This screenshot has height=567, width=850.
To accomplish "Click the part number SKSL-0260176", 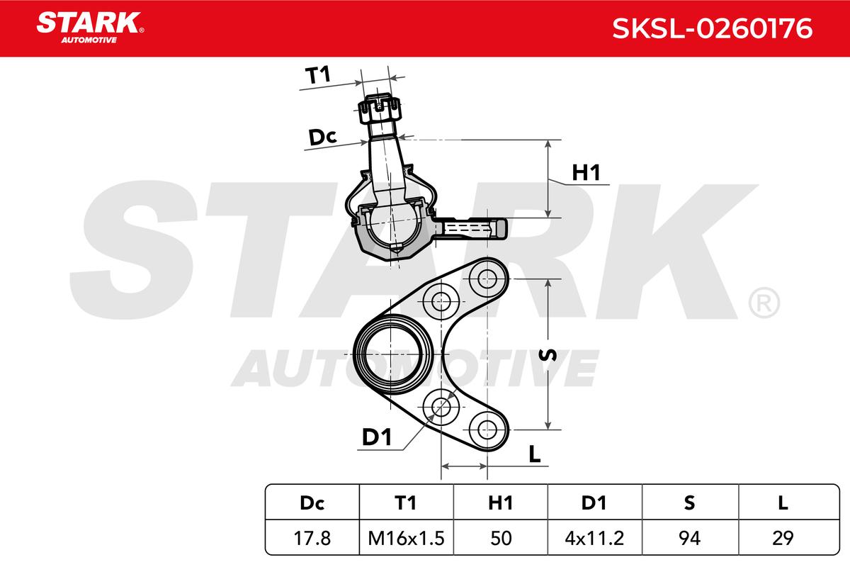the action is [x=713, y=28].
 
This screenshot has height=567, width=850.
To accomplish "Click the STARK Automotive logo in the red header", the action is [x=90, y=28].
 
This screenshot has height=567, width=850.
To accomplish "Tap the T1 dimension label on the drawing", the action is [x=318, y=75].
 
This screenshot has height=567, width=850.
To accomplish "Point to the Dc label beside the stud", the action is [x=322, y=137].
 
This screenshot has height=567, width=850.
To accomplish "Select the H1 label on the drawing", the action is [x=586, y=173].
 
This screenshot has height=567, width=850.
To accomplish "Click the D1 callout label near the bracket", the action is [x=377, y=437].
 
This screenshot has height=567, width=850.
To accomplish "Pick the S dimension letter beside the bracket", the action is [x=548, y=354].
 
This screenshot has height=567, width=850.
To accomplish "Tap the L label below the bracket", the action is [x=535, y=454].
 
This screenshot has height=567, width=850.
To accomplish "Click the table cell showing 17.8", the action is [x=312, y=538].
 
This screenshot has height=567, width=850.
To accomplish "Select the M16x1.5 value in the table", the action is [x=406, y=538].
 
